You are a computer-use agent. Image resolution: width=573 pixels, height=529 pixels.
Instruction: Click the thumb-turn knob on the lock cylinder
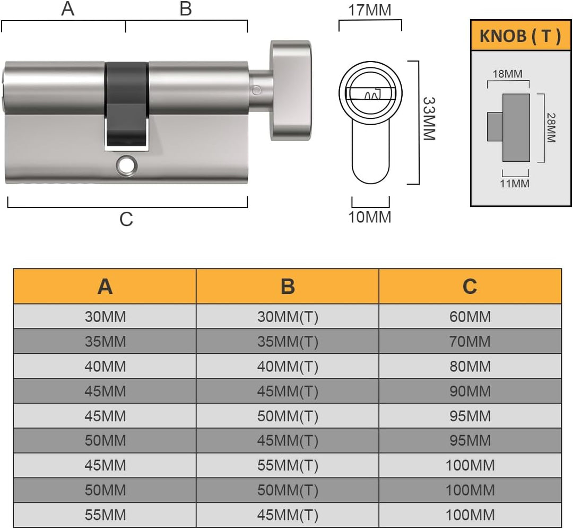click(290, 90)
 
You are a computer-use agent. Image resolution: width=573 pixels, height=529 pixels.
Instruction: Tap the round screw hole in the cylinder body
click(126, 166)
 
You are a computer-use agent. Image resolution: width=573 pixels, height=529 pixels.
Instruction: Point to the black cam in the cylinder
click(126, 103)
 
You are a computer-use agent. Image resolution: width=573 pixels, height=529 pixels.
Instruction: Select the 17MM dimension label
click(370, 10)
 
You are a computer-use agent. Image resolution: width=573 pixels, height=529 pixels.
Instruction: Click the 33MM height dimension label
click(428, 118)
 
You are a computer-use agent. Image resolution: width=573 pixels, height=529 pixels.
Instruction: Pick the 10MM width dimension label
click(370, 217)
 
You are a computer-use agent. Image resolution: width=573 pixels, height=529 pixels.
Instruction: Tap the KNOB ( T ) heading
click(520, 36)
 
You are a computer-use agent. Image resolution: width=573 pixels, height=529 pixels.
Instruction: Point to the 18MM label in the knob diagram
click(507, 74)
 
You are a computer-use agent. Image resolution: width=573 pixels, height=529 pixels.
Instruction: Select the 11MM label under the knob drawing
click(515, 184)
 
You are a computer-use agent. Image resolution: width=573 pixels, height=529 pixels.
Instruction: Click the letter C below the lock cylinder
click(126, 219)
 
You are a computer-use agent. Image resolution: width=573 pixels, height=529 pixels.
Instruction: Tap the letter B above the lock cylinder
click(185, 9)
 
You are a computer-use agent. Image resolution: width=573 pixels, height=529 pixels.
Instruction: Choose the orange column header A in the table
click(105, 287)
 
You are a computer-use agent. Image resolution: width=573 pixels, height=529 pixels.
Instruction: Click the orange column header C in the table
click(470, 287)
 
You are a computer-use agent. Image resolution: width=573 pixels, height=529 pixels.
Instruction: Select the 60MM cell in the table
click(470, 317)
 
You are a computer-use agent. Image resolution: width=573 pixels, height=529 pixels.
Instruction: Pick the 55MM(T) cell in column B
click(288, 465)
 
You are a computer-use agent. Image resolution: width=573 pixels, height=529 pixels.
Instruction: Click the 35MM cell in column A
click(105, 341)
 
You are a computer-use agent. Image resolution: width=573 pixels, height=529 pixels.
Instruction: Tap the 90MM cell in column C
click(470, 391)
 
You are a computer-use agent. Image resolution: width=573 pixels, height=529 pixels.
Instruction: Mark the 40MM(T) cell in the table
click(288, 366)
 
